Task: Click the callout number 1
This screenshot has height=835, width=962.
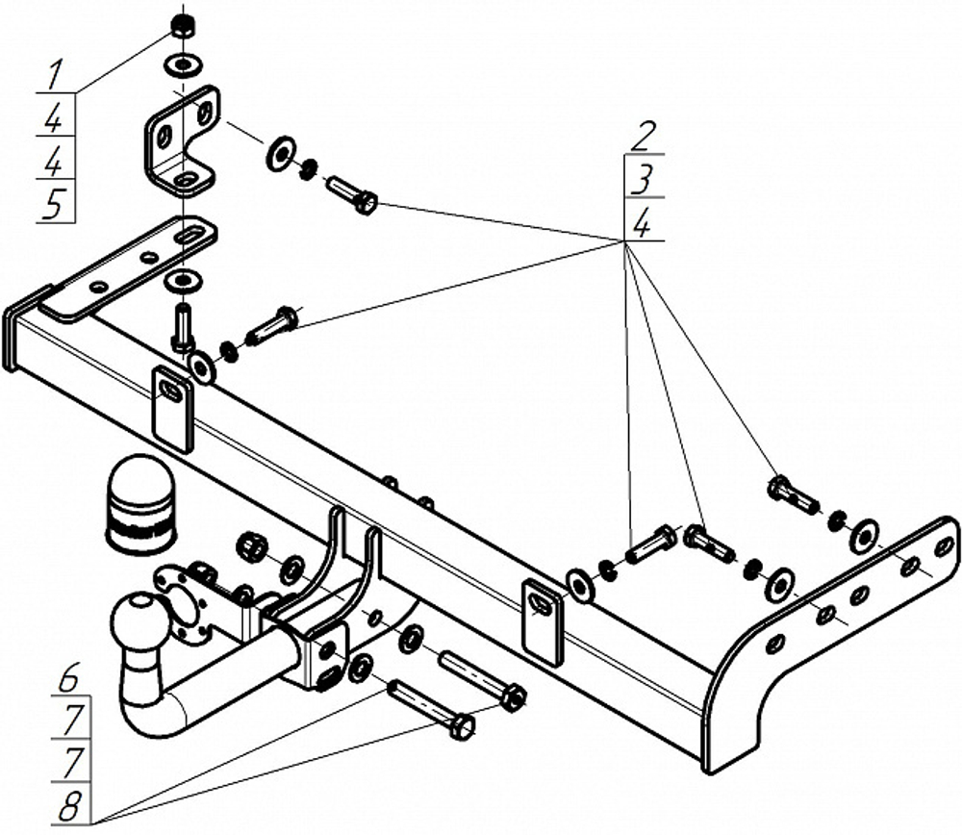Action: pos(55,73)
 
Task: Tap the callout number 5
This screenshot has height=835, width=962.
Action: pos(54,204)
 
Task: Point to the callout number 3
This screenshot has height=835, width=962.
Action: pos(642,180)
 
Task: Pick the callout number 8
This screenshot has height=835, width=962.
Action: pos(68,805)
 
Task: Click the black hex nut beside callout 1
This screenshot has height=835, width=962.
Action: pos(183,26)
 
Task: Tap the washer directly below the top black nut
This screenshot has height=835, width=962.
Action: pos(182,64)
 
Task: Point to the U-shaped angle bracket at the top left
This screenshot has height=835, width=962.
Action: pos(182,141)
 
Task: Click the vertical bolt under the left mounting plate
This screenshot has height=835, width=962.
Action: pos(183,327)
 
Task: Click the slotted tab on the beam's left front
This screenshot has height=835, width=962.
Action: pos(172,408)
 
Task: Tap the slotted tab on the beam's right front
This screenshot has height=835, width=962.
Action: pos(543,622)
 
